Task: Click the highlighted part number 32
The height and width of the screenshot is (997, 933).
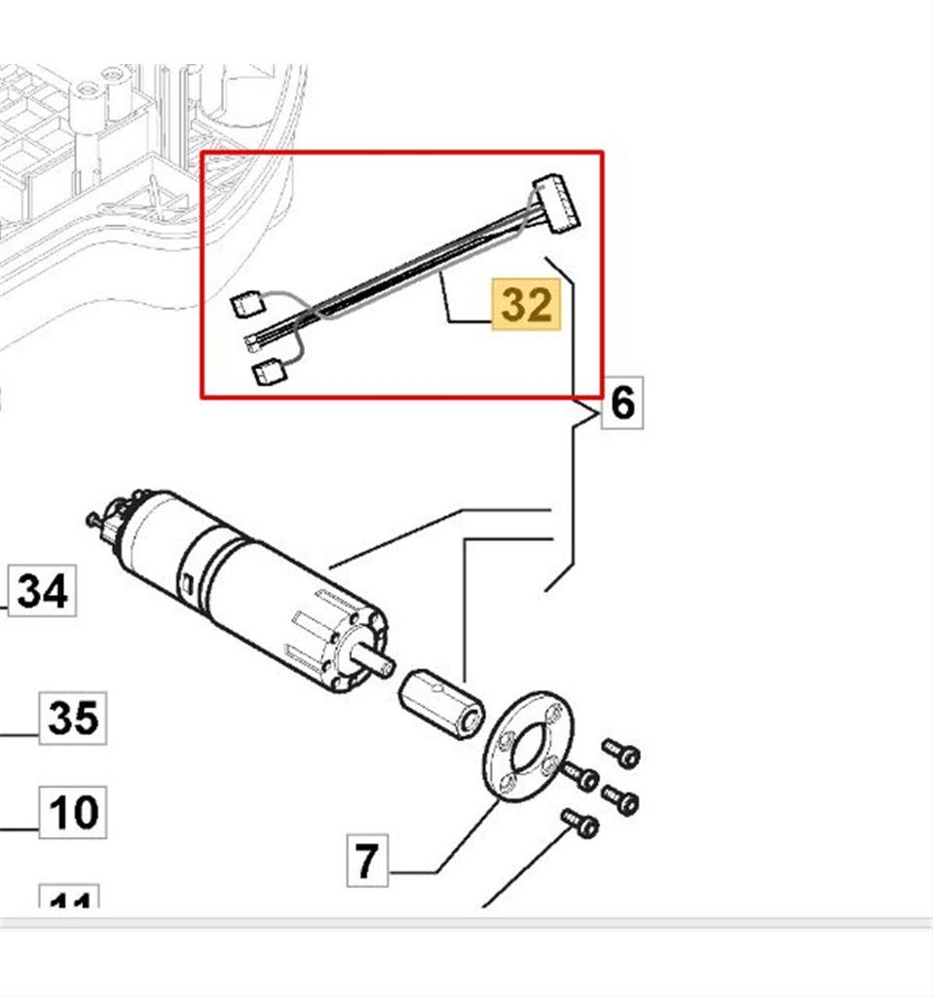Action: (x=527, y=306)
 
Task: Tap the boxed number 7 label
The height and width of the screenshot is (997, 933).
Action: (x=366, y=861)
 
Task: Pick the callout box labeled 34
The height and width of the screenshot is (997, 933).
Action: (x=43, y=590)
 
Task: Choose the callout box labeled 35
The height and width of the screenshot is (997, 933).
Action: (x=72, y=719)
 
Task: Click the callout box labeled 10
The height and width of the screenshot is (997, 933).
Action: (x=72, y=811)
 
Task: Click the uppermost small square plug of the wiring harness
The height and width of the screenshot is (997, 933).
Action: (x=243, y=306)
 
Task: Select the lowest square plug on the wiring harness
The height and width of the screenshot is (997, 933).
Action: (x=266, y=372)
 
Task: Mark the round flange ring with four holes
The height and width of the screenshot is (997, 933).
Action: (x=528, y=746)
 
